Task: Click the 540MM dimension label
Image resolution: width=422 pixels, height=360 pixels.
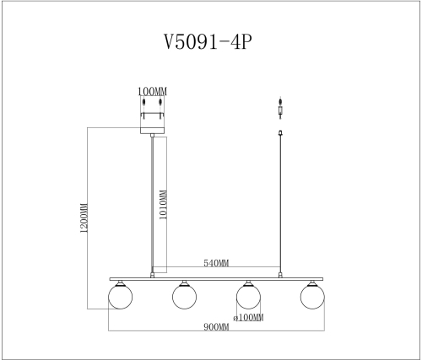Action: pos(215,264)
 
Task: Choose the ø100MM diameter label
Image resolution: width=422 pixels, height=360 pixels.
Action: pos(248,317)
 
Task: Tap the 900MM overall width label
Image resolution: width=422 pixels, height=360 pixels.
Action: pos(217,327)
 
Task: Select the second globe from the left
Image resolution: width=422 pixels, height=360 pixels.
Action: pos(184,296)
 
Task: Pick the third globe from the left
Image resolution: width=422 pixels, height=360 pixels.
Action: pos(247,296)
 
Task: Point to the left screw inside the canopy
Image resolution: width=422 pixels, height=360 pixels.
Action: pos(143,105)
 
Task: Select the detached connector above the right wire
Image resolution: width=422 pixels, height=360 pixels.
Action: pos(280,107)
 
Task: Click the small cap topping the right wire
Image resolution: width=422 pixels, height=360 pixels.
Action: pos(280,132)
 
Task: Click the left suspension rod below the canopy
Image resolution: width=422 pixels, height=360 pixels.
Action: pos(152,202)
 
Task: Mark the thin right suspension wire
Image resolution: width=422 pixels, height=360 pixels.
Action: pos(280,202)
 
